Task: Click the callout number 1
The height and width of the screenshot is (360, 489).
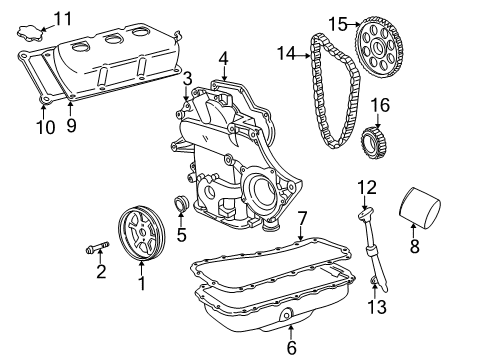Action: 141,284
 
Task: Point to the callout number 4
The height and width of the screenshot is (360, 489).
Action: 223,57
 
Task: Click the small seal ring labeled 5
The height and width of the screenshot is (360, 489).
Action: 182,208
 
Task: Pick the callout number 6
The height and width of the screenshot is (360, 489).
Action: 291,347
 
